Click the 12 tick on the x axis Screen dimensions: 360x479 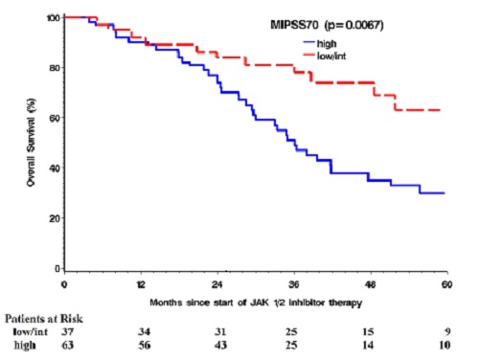pos(141,285)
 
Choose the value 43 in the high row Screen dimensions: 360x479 pos(221,346)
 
